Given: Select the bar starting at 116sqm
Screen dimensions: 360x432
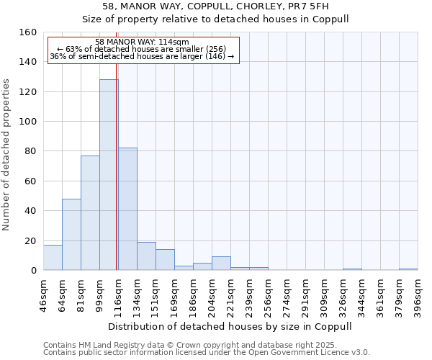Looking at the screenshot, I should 127,209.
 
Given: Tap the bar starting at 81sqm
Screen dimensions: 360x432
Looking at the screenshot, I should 90,213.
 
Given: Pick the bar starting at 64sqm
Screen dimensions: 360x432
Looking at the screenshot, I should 71,235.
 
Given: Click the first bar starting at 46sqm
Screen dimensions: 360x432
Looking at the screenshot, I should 53,258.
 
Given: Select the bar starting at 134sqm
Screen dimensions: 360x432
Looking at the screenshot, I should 146,256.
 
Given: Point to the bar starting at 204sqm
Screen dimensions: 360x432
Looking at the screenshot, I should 221,264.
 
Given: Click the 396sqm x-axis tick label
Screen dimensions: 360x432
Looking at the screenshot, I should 418,294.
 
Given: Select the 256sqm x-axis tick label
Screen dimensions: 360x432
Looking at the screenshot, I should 268,294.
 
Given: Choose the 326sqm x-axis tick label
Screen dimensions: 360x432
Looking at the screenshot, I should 343,294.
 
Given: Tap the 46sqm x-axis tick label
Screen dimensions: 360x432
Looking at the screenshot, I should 43,294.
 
